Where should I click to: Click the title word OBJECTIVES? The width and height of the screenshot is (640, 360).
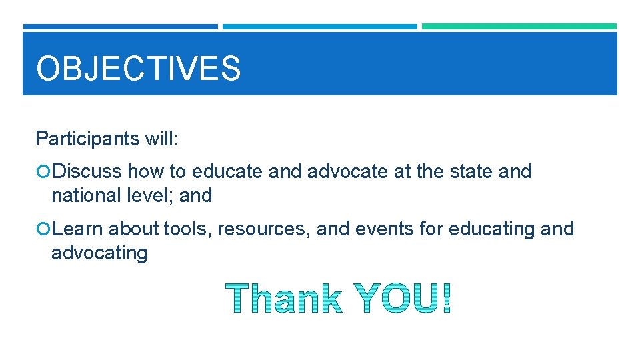[138, 69]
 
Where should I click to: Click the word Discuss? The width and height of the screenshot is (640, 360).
[87, 172]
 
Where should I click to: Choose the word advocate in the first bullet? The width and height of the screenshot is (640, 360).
[347, 172]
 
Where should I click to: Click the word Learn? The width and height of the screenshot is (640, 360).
[78, 229]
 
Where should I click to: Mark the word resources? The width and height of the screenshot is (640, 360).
[264, 229]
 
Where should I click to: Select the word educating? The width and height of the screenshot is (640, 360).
[493, 229]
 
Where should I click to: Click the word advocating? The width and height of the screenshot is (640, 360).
[99, 253]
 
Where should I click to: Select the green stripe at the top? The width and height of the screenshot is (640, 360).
[519, 27]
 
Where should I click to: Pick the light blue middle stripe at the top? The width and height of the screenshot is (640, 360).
[319, 27]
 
